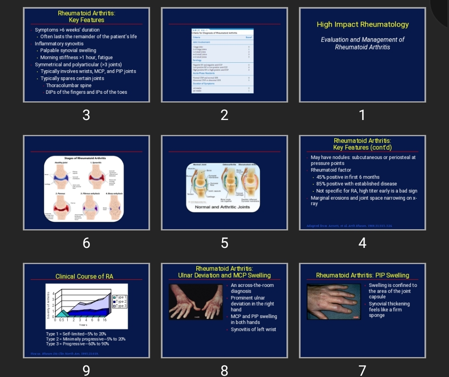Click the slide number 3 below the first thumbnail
click(86, 115)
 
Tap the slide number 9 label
click(86, 370)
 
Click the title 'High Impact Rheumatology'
click(363, 24)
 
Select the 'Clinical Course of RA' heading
click(84, 277)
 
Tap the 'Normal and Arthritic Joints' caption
click(222, 207)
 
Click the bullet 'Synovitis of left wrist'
click(253, 330)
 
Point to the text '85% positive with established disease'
click(356, 184)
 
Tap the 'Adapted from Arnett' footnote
click(349, 226)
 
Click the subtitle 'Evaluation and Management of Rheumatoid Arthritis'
click(363, 43)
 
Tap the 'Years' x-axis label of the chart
click(83, 325)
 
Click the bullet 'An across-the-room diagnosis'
click(252, 288)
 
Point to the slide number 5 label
click(224, 243)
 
